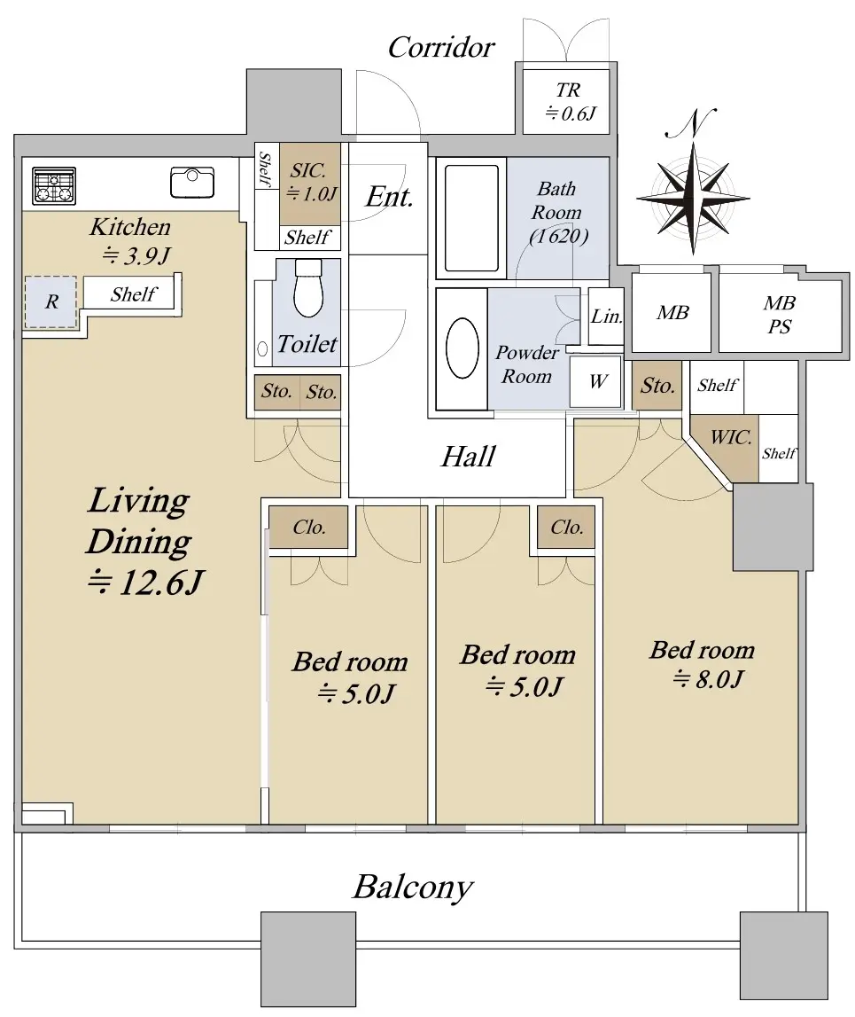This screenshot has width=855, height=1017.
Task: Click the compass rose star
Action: click(693, 198)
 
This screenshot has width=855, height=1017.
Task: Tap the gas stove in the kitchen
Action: click(54, 185)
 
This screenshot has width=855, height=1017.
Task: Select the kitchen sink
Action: click(192, 183)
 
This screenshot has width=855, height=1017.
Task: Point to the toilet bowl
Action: click(308, 289)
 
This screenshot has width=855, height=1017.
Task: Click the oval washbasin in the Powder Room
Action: click(462, 348)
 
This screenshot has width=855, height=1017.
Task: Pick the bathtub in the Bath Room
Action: click(472, 218)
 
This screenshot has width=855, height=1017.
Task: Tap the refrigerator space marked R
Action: click(51, 301)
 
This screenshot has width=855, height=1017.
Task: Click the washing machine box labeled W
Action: click(595, 381)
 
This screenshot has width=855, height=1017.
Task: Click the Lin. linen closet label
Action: click(607, 316)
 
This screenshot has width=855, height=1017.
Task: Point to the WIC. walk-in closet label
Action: click(731, 437)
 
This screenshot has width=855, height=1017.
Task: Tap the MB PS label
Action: click(779, 315)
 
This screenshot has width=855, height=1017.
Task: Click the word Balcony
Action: click(413, 888)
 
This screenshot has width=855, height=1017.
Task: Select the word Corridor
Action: click(440, 47)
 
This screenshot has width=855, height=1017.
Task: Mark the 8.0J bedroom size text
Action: click(708, 679)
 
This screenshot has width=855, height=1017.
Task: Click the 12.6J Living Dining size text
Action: click(145, 583)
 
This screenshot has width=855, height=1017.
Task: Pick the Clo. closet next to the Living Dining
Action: click(308, 527)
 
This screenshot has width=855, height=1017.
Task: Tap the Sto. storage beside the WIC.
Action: click(657, 386)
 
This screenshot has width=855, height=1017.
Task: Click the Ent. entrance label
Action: click(389, 197)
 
